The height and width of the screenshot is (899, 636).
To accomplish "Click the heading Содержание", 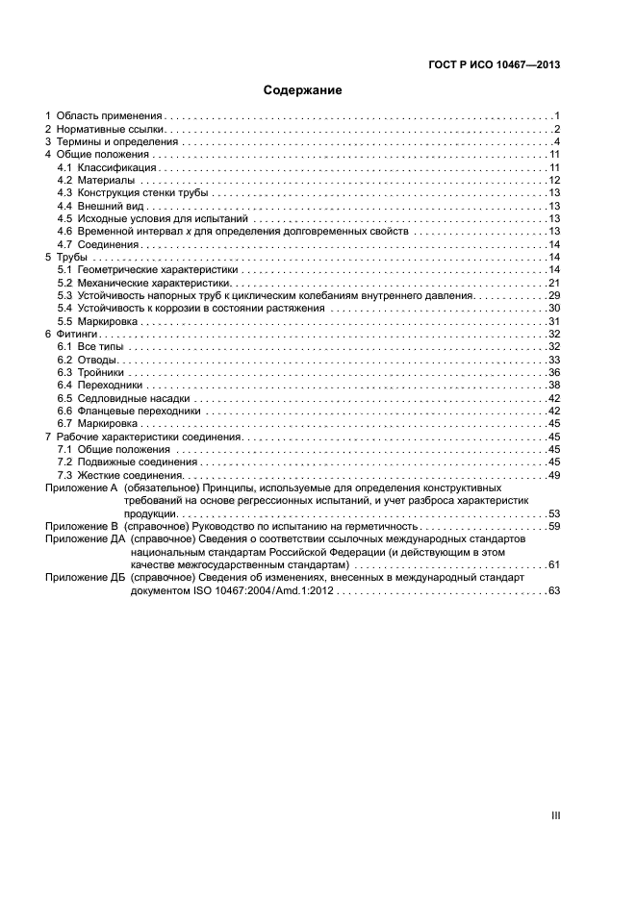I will (x=303, y=90).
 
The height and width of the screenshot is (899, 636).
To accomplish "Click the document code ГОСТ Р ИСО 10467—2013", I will (x=494, y=64).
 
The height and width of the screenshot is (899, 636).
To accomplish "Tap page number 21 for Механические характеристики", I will (x=554, y=284).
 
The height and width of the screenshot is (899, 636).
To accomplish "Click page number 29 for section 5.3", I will (x=554, y=296).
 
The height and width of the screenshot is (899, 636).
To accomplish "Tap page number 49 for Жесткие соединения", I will (x=554, y=475).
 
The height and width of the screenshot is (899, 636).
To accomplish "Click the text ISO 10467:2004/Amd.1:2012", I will (x=256, y=591).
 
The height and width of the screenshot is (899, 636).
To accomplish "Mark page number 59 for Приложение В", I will (x=554, y=527).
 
